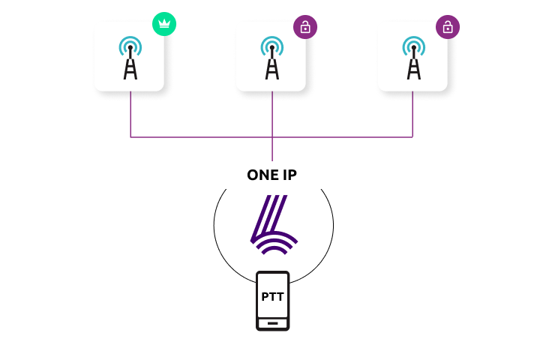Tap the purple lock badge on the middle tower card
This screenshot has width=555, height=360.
tap(305, 28)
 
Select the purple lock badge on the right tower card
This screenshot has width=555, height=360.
tap(448, 28)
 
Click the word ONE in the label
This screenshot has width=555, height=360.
tap(264, 175)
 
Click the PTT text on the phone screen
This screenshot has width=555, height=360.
tap(272, 296)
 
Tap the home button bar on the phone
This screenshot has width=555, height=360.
tap(272, 323)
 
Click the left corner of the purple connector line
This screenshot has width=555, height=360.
tap(130, 137)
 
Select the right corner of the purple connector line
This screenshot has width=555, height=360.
tap(413, 137)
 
